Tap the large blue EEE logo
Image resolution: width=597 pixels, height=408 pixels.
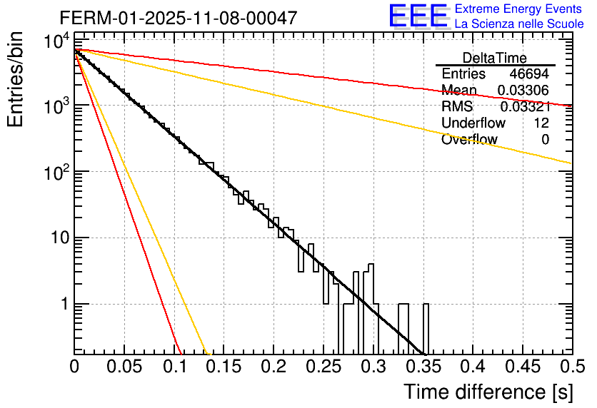pyautogui.click(x=417, y=16)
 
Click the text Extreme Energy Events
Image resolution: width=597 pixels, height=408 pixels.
pyautogui.click(x=518, y=9)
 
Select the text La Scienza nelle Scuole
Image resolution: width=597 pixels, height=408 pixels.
pyautogui.click(x=519, y=24)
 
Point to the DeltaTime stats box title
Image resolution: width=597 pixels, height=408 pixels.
pyautogui.click(x=495, y=58)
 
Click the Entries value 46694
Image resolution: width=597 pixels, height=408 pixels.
pyautogui.click(x=529, y=74)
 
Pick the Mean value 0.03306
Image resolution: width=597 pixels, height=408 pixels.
pyautogui.click(x=523, y=91)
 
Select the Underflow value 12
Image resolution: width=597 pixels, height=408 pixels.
pyautogui.click(x=541, y=123)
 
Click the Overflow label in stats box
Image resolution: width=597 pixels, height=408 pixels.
pyautogui.click(x=469, y=140)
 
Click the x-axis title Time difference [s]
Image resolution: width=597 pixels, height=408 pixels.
pyautogui.click(x=487, y=392)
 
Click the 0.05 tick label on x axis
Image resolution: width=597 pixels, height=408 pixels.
pyautogui.click(x=124, y=368)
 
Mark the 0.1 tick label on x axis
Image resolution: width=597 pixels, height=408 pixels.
pyautogui.click(x=174, y=368)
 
